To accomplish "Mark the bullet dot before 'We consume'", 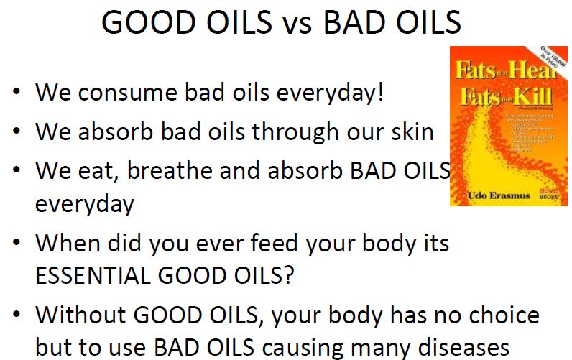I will (x=17, y=94).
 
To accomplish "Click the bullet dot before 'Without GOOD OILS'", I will (x=17, y=316).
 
